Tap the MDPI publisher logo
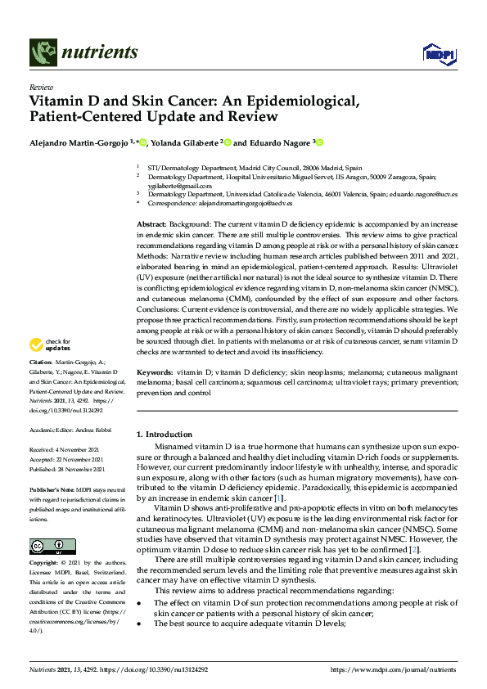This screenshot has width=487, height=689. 438,54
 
